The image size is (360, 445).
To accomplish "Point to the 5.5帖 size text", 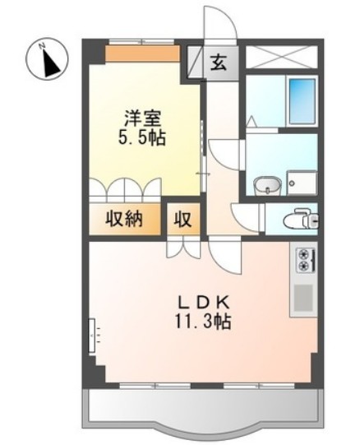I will coord(141,137).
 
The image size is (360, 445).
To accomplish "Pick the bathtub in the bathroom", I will coord(302,100).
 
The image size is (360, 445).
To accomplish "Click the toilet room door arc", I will coord(247,216).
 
